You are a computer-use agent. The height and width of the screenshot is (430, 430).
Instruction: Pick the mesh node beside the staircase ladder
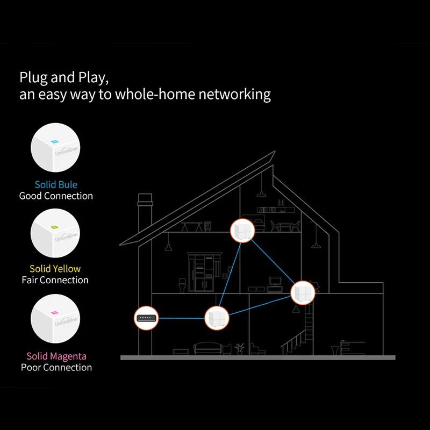(x=303, y=292)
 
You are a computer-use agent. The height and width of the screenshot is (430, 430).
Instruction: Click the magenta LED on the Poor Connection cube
(x=54, y=312)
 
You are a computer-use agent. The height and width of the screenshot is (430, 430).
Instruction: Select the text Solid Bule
(x=56, y=184)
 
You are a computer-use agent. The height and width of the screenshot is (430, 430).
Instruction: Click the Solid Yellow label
(x=55, y=269)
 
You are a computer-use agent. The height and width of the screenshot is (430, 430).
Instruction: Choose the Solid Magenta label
(x=56, y=356)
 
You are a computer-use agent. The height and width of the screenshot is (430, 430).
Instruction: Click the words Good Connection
(x=56, y=196)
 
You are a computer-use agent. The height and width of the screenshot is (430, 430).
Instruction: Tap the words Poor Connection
(x=56, y=368)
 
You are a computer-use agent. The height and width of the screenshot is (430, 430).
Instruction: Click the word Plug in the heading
(x=33, y=77)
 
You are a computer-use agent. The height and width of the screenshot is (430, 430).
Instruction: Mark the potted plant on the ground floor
(x=240, y=348)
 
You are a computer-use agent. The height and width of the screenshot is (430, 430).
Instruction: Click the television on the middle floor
(x=275, y=281)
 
